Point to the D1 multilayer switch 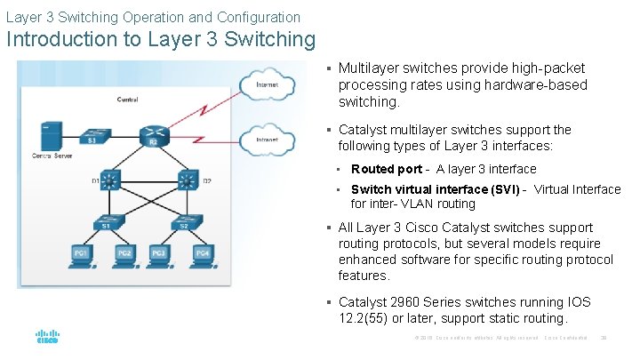(x=110, y=180)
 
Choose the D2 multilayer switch (x=187, y=180)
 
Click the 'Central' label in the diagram (x=126, y=100)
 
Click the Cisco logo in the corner (x=47, y=337)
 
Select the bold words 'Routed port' (x=387, y=169)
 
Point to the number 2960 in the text (x=413, y=302)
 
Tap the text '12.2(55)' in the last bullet (x=364, y=318)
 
